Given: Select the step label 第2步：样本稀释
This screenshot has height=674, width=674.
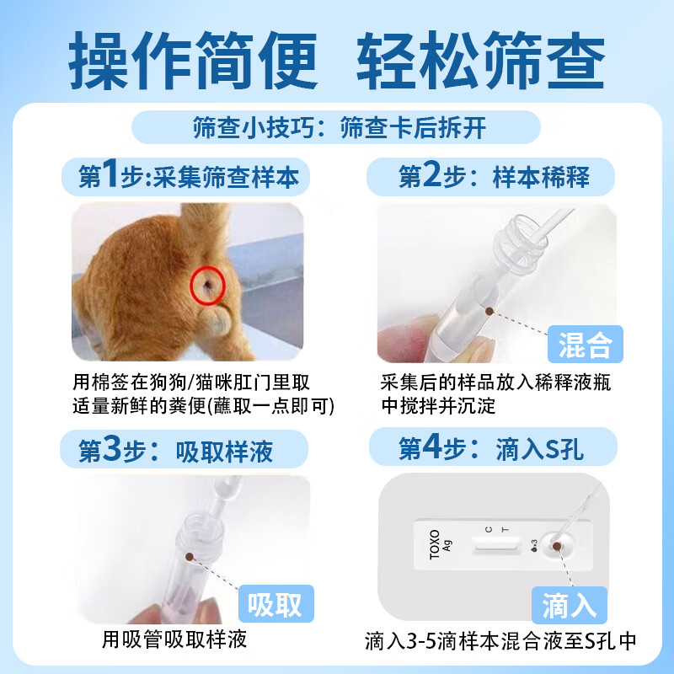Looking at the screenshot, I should tap(493, 178).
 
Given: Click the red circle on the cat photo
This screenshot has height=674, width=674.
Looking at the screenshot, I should tap(206, 286).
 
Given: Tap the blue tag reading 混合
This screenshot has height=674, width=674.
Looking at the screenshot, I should tap(585, 345).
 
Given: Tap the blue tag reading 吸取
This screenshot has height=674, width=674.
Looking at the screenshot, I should tap(275, 604).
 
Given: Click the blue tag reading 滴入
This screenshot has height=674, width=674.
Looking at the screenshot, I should tap(570, 604).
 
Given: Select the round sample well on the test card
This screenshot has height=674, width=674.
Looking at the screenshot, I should tap(556, 548).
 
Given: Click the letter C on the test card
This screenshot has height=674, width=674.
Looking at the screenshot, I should tap(488, 529).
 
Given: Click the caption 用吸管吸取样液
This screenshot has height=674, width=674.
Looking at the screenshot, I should tap(174, 639).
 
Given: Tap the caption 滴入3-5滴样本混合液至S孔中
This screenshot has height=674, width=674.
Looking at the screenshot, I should tap(500, 642).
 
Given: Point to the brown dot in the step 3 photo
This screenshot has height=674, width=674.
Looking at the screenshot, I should tap(190, 557).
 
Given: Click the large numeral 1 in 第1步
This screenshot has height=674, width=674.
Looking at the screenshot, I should tap(110, 177).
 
